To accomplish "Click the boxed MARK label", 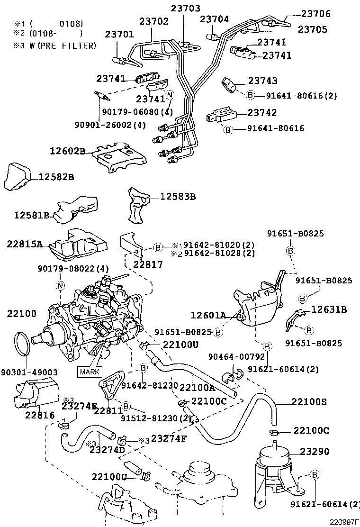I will tap(89, 371).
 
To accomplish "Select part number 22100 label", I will tap(22, 313).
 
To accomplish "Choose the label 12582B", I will tap(56, 177).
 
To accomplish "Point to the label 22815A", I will tap(25, 244).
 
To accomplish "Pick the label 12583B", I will tap(178, 196).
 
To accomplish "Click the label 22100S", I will tap(309, 402).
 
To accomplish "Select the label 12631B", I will tap(329, 309).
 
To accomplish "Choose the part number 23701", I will tap(119, 34).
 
